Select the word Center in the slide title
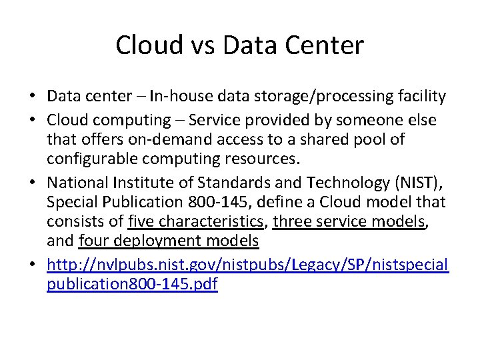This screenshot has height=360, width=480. tap(328, 45)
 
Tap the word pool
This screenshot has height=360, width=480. tap(378, 140)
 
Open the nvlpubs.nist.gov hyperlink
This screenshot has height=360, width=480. tap(247, 265)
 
